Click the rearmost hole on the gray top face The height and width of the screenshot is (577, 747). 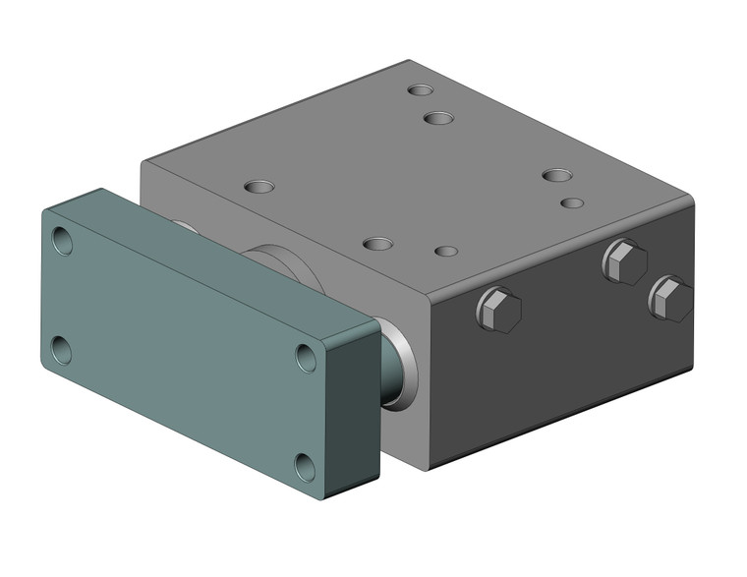pyautogui.click(x=421, y=90)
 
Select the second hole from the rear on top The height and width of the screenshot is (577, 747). pyautogui.click(x=438, y=118)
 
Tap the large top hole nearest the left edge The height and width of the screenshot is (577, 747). pyautogui.click(x=259, y=186)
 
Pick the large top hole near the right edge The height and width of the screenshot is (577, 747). pyautogui.click(x=556, y=176)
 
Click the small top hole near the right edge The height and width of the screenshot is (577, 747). pyautogui.click(x=572, y=202)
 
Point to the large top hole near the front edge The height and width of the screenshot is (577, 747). pyautogui.click(x=377, y=243)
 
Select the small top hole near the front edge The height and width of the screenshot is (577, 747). pyautogui.click(x=446, y=252)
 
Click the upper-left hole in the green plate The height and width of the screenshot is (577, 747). pyautogui.click(x=62, y=241)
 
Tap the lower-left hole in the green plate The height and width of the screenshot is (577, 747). pyautogui.click(x=61, y=349)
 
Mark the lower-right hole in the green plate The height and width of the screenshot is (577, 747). pyautogui.click(x=307, y=466)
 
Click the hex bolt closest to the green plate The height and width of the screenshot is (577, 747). pyautogui.click(x=498, y=310)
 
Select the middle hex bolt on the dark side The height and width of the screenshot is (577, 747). pyautogui.click(x=625, y=261)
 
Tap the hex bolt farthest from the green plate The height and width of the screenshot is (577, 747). pyautogui.click(x=670, y=297)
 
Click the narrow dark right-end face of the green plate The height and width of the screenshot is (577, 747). pyautogui.click(x=362, y=413)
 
